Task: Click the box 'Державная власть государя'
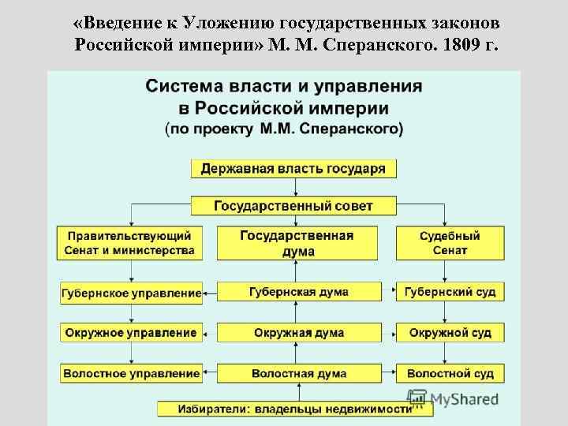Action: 293,169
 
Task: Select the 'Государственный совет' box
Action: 293,206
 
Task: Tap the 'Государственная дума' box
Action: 297,243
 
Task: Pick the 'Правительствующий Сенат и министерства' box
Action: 130,243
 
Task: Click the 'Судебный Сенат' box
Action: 450,243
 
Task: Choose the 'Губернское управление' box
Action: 131,293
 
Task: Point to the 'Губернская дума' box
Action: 298,292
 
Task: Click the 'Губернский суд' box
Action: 450,292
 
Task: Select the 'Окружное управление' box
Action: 131,332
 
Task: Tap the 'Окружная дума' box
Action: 298,332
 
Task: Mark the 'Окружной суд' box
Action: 450,332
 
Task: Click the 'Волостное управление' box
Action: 131,372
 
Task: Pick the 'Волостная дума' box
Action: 298,372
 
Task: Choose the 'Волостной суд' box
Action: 450,372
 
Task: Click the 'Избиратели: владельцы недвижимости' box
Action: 285,409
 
